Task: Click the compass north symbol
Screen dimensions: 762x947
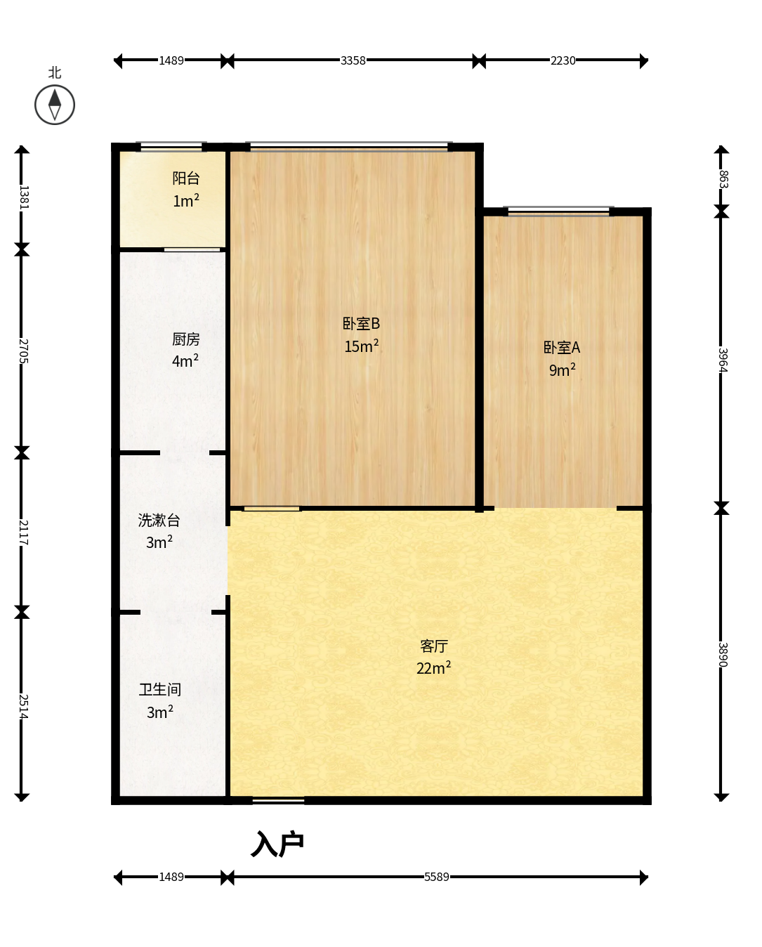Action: [x=55, y=105]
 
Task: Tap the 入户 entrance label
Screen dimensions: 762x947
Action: [x=277, y=844]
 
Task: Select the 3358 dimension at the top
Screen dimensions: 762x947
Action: [x=353, y=60]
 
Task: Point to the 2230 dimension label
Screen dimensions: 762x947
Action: [x=563, y=60]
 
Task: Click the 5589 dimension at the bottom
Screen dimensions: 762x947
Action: [x=436, y=877]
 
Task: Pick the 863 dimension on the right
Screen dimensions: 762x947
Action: [x=723, y=178]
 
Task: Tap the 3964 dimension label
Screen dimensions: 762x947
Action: [x=723, y=360]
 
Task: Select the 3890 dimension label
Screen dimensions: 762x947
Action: [x=723, y=654]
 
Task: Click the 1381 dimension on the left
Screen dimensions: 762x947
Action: [x=24, y=197]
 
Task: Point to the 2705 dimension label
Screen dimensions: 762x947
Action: [x=24, y=351]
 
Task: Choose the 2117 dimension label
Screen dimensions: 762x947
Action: [x=24, y=533]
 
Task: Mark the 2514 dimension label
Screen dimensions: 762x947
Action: [x=24, y=707]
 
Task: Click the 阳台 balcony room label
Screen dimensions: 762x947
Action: [x=186, y=178]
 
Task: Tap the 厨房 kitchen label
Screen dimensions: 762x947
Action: [x=185, y=339]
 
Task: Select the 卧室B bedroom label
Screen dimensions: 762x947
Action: [x=361, y=323]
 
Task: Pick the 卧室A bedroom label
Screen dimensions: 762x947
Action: [x=562, y=348]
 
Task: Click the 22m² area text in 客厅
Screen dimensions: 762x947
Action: [x=434, y=667]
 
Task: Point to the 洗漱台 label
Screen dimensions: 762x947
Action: [x=159, y=520]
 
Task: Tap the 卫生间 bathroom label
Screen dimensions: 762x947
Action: [x=160, y=690]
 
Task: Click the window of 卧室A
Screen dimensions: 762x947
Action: [x=559, y=211]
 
